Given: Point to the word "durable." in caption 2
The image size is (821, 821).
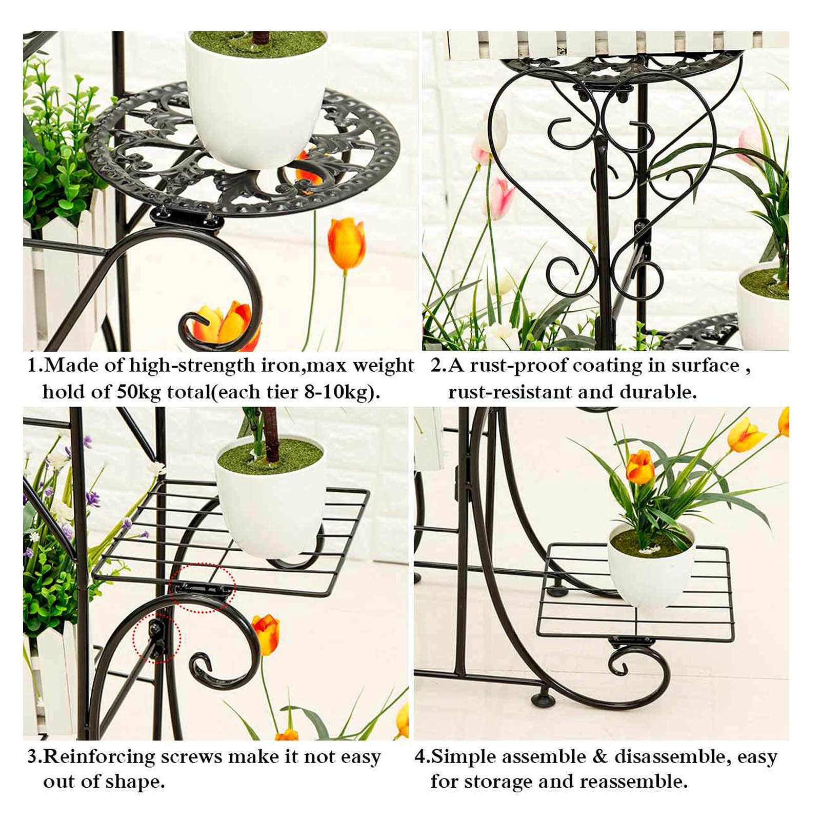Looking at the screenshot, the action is (x=658, y=392).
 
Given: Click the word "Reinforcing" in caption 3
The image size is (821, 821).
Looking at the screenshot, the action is (x=99, y=757).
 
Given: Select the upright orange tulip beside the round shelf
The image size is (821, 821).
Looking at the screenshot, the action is (x=347, y=243).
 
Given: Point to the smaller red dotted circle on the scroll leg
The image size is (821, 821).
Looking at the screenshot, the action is (x=157, y=637).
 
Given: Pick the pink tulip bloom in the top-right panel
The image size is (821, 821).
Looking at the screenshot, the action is (x=500, y=197).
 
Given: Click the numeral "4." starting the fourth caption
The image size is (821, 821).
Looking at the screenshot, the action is (x=423, y=757).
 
